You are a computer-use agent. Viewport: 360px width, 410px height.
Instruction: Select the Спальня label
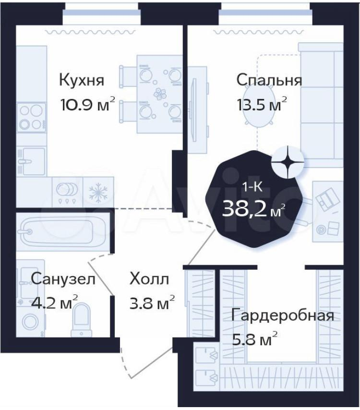(x=269, y=80)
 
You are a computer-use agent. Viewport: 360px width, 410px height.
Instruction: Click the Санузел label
(x=63, y=279)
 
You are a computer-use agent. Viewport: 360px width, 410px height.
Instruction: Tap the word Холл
(x=149, y=279)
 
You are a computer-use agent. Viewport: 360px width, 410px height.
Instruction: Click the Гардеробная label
(x=283, y=316)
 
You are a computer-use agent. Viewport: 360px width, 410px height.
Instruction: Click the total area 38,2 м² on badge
(x=253, y=210)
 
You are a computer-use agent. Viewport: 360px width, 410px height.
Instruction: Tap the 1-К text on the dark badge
(x=252, y=187)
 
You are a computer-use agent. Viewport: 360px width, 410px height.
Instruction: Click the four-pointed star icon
(x=288, y=162)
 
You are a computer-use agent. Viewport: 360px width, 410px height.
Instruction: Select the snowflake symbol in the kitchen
(x=98, y=193)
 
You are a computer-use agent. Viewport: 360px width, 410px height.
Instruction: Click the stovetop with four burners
(x=31, y=118)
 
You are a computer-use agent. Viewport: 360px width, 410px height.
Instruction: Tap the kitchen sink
(x=31, y=161)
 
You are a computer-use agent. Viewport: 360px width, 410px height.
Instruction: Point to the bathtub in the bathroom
(x=62, y=231)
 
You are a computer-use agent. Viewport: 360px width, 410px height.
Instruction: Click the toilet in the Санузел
(x=82, y=320)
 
